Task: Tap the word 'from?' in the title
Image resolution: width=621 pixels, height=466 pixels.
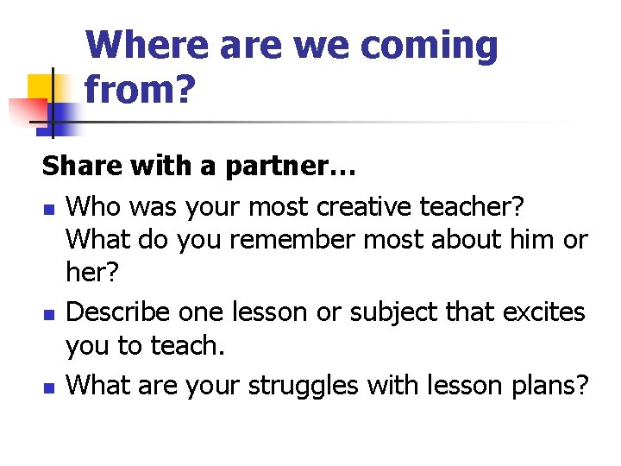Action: tap(140, 89)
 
